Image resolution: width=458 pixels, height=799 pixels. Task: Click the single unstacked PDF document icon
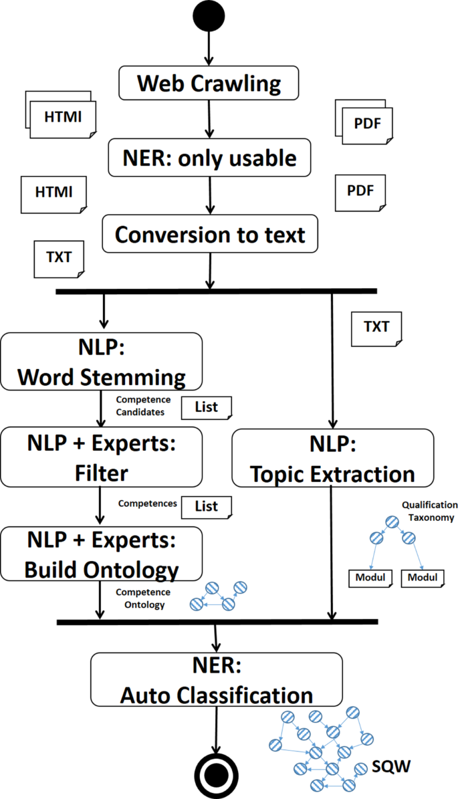tap(360, 191)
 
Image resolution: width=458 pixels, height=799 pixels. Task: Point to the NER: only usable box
tap(209, 158)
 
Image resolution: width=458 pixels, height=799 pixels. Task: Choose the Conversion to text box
tap(209, 235)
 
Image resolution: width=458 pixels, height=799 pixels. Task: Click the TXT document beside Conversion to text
tap(59, 257)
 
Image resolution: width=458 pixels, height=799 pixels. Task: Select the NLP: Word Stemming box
tap(101, 362)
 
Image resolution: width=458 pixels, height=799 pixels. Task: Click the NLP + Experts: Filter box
tap(101, 457)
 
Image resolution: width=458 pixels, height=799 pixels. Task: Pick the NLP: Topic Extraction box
tap(332, 457)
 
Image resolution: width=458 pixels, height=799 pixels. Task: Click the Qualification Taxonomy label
tap(429, 511)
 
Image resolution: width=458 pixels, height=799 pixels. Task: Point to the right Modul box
tap(423, 578)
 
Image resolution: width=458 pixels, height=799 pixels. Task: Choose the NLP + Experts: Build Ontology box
tap(101, 553)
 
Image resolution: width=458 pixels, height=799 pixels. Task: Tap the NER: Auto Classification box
tap(216, 679)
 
